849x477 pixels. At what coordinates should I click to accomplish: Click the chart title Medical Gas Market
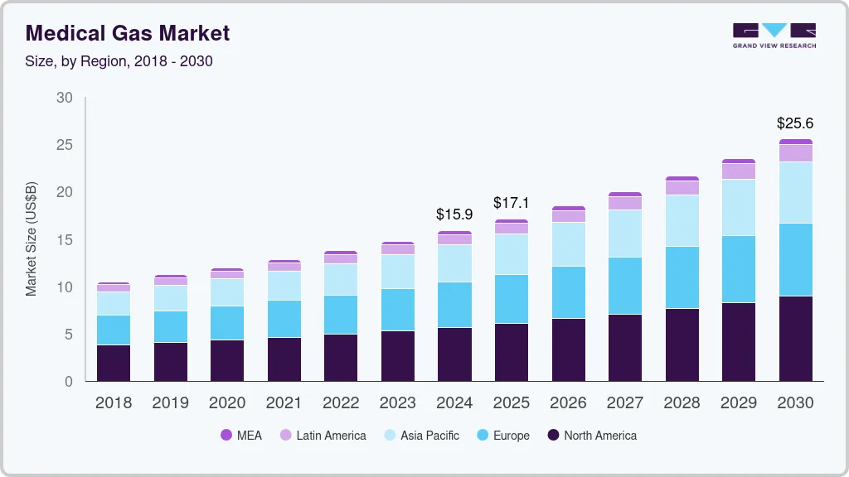(128, 33)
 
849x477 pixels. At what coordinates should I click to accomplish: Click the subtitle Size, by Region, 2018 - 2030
(119, 61)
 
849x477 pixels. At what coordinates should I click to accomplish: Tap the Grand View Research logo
(774, 36)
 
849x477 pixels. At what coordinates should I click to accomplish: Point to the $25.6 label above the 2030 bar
(795, 123)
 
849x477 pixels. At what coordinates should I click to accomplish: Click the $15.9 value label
(454, 214)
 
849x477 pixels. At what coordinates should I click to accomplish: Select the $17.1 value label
(512, 203)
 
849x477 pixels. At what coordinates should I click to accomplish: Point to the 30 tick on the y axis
(65, 98)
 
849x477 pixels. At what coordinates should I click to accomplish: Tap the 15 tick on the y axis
(65, 240)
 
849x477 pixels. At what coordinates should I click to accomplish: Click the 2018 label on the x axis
(113, 403)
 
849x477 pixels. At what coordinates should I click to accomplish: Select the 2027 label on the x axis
(624, 403)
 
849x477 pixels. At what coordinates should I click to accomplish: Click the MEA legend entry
(240, 435)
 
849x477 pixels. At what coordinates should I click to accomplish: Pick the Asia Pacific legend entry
(420, 435)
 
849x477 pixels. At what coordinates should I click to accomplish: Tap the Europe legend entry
(502, 435)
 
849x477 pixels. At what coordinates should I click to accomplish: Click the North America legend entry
(592, 435)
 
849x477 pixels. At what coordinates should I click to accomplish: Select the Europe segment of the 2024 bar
(454, 305)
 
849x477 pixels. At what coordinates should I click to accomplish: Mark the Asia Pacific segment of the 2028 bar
(682, 220)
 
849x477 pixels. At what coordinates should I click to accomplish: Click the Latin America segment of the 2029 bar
(738, 171)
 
